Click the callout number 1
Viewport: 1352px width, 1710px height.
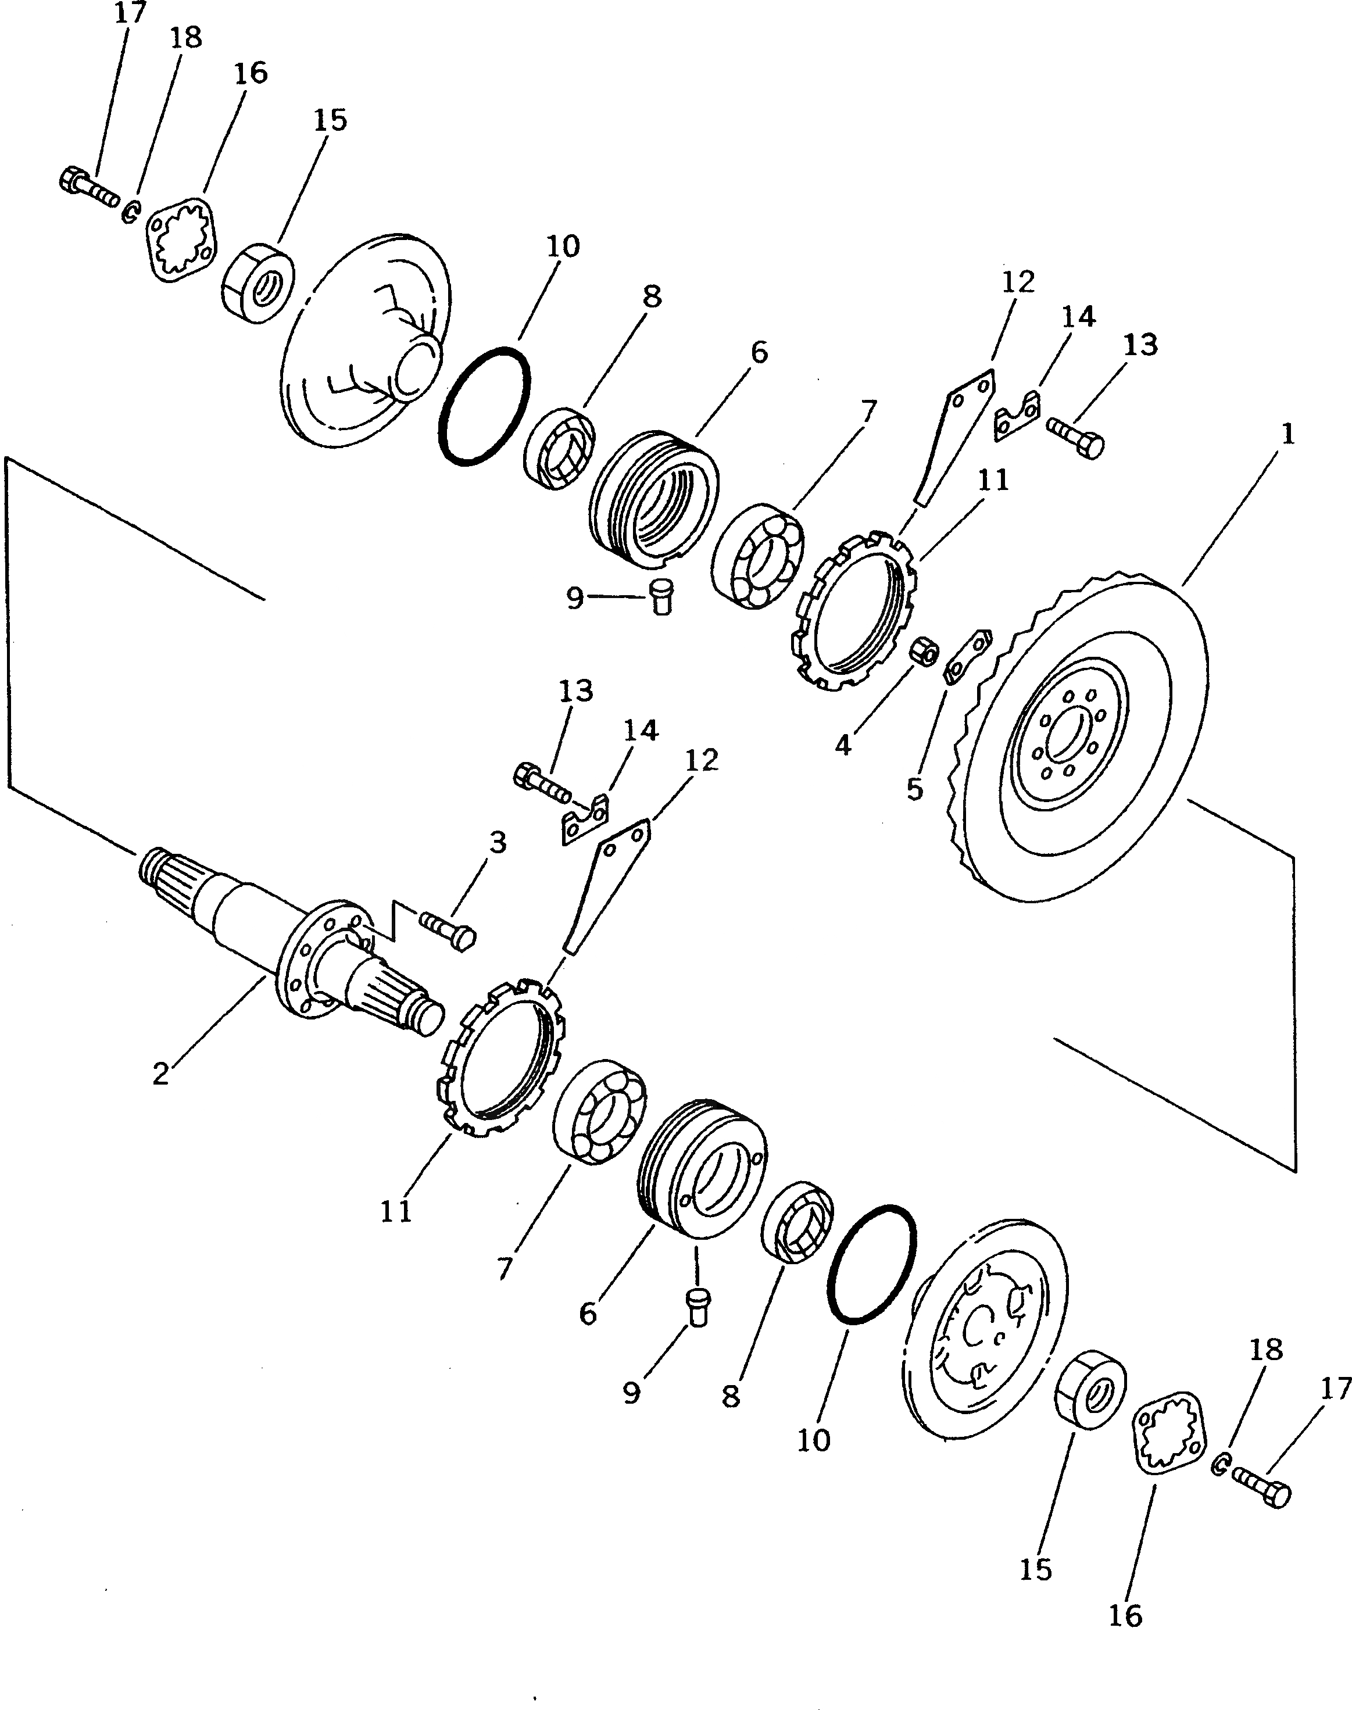(x=1287, y=435)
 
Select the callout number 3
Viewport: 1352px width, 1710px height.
(x=497, y=842)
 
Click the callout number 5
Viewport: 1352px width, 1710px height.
(x=915, y=789)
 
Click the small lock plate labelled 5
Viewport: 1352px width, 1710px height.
(x=967, y=654)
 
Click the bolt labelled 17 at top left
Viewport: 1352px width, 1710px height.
(x=87, y=188)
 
